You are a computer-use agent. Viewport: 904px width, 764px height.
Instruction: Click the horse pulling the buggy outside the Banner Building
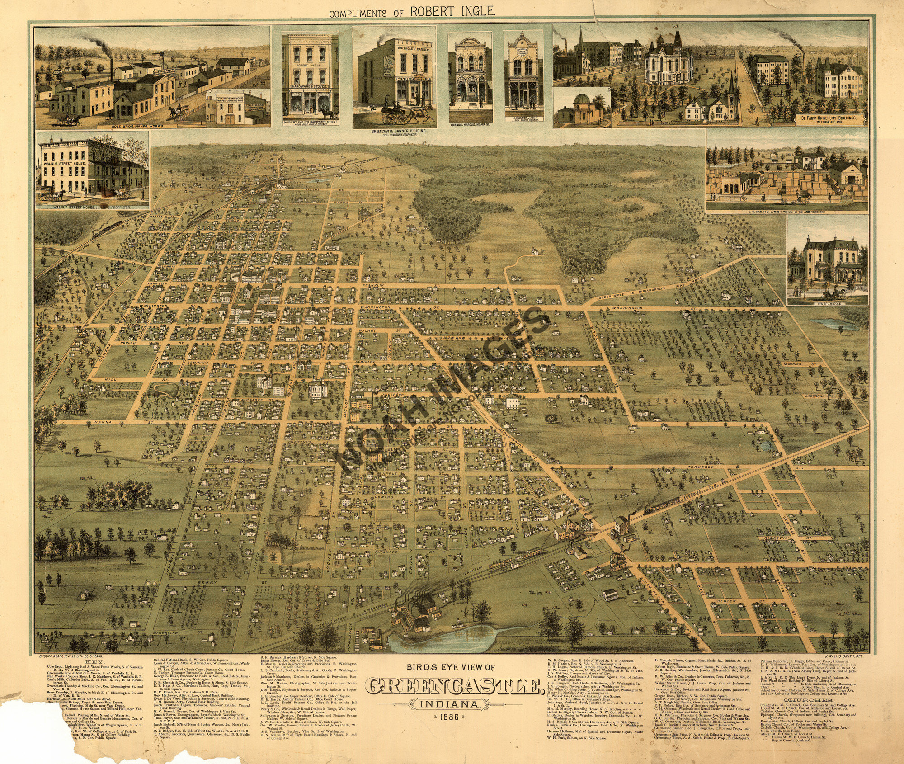pos(417,113)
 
